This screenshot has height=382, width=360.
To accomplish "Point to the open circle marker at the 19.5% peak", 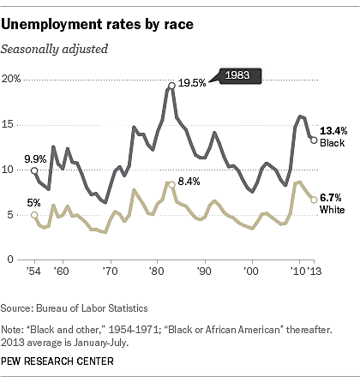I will (x=172, y=85).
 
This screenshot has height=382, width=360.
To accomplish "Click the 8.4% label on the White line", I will (x=189, y=182).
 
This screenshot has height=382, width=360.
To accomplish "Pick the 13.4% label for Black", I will (x=333, y=129).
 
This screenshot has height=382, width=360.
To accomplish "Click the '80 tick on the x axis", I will (x=157, y=271).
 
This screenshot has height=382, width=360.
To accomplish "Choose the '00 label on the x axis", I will (x=251, y=271).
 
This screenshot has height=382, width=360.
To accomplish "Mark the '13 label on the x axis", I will (x=318, y=271).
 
